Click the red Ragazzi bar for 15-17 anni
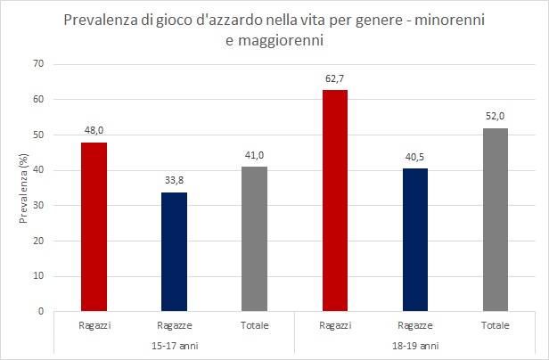coord(94,227)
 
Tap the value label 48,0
coord(94,132)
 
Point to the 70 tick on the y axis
coord(38,64)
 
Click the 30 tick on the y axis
coord(38,206)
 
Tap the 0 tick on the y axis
coord(41,312)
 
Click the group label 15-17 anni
coord(174,344)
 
